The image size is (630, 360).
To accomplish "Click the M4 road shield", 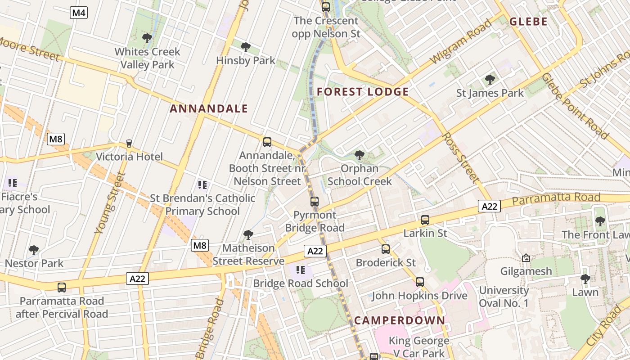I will pos(79,13).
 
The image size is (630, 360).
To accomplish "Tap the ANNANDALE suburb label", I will pos(209,108).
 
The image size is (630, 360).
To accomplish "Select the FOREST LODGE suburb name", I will pos(363,92).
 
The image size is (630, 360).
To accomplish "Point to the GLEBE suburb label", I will pos(528,22).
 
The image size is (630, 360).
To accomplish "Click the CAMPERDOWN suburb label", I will pos(400,320).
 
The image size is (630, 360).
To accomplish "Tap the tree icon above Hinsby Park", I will pos(246,47).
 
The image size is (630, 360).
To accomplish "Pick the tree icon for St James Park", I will pos(490,80).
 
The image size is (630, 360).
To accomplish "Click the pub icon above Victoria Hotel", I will pos(129,144).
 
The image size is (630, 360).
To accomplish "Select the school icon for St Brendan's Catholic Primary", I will pos(202,184).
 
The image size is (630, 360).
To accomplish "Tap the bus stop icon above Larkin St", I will pos(425,220).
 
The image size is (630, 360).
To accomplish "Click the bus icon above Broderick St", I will pos(386,249).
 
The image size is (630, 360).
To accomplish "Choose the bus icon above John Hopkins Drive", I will pos(420,282).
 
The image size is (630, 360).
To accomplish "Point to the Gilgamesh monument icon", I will pos(526,258).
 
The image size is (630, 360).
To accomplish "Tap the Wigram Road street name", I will pos(461,41).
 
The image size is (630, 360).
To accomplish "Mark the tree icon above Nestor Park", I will pos(34,250).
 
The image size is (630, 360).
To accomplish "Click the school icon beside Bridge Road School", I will pos(301,270).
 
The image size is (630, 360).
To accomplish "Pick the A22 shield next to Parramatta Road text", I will pos(489,206).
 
